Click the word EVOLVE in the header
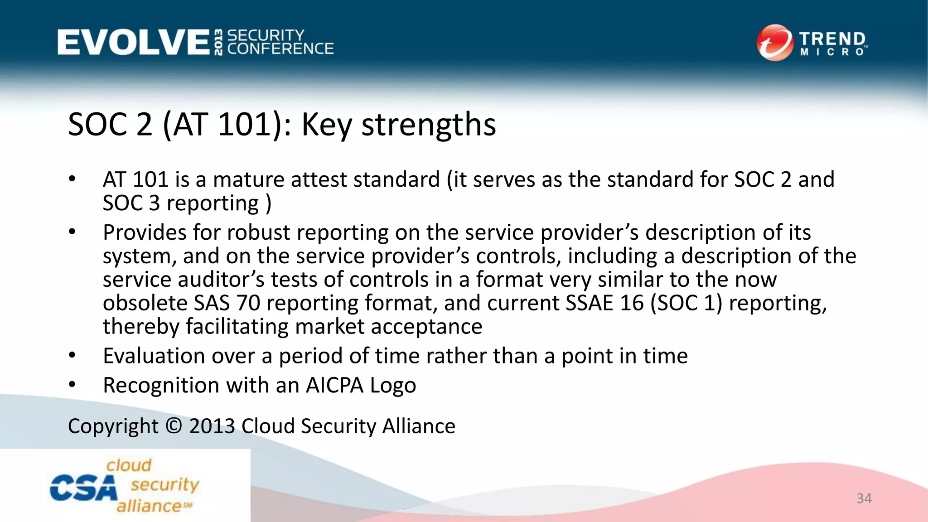(133, 42)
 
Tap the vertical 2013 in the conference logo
(218, 42)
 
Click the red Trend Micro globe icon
(775, 43)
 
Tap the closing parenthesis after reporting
(268, 203)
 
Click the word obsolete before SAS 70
(145, 303)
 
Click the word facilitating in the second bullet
(236, 326)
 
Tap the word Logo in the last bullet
(393, 386)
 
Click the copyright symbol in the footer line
(174, 426)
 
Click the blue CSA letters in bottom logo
(83, 488)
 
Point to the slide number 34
(864, 498)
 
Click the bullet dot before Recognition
(72, 384)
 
